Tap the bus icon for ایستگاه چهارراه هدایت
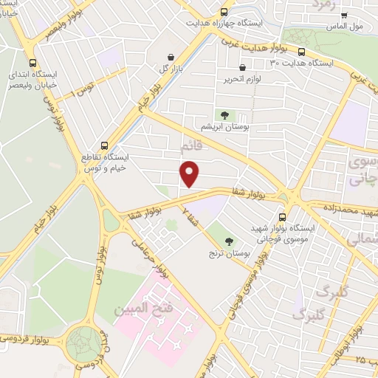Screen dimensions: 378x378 click(x=224, y=12)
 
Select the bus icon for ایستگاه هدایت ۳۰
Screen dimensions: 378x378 click(x=302, y=52)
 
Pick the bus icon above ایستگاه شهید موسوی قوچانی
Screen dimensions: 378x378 click(x=284, y=217)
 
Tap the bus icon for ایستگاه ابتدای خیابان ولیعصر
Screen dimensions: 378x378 click(x=31, y=63)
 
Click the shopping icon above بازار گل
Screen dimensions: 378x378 click(x=171, y=57)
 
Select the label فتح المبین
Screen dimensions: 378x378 click(x=148, y=306)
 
